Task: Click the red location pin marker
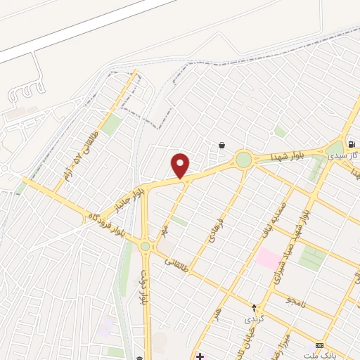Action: click(x=181, y=165)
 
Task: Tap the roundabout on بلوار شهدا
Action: click(x=243, y=159)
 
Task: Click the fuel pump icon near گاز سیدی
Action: click(x=350, y=144)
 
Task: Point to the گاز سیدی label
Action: click(x=348, y=157)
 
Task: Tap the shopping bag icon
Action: click(x=222, y=145)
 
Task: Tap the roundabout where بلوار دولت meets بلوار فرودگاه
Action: click(x=146, y=246)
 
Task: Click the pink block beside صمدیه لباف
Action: click(x=266, y=258)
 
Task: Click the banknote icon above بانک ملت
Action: click(x=320, y=345)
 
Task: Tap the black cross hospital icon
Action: click(x=201, y=356)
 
